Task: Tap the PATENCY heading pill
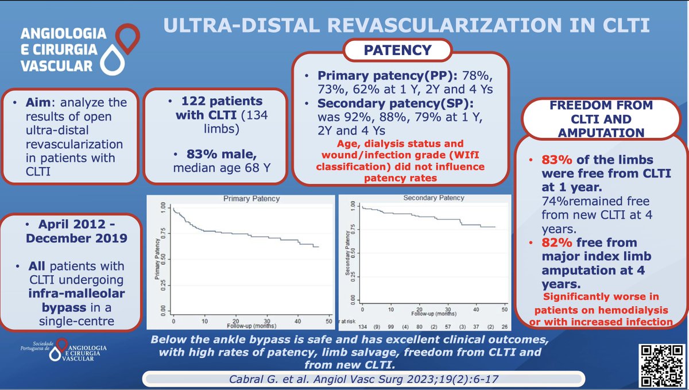click(397, 51)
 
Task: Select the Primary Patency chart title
click(243, 199)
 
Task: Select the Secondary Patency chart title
click(433, 198)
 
